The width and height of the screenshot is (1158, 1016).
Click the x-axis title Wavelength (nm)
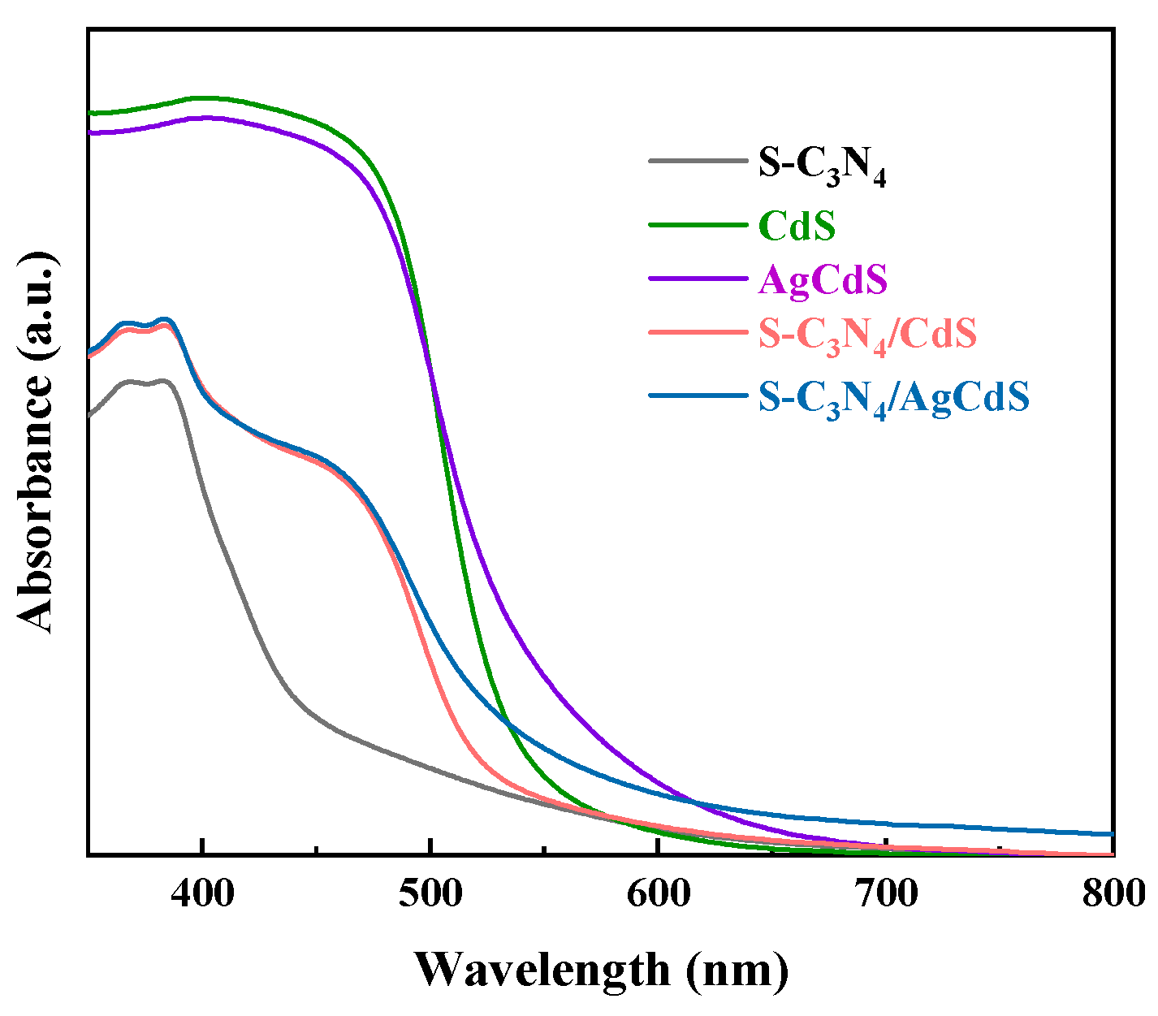(601, 970)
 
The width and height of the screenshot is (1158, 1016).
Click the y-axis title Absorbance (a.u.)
(37, 441)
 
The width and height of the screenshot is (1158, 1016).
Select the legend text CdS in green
(797, 226)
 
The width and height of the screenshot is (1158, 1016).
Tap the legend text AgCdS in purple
(823, 279)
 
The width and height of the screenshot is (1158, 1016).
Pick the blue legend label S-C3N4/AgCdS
(893, 398)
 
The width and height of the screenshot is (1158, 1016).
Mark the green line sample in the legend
(698, 225)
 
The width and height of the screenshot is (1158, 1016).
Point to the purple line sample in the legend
(698, 279)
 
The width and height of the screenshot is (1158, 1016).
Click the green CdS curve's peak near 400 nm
(203, 97)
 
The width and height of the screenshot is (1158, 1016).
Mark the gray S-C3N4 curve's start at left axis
(89, 415)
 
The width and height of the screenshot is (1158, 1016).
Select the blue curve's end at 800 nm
(1112, 834)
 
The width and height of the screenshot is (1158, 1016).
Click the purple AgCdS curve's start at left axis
(90, 132)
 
